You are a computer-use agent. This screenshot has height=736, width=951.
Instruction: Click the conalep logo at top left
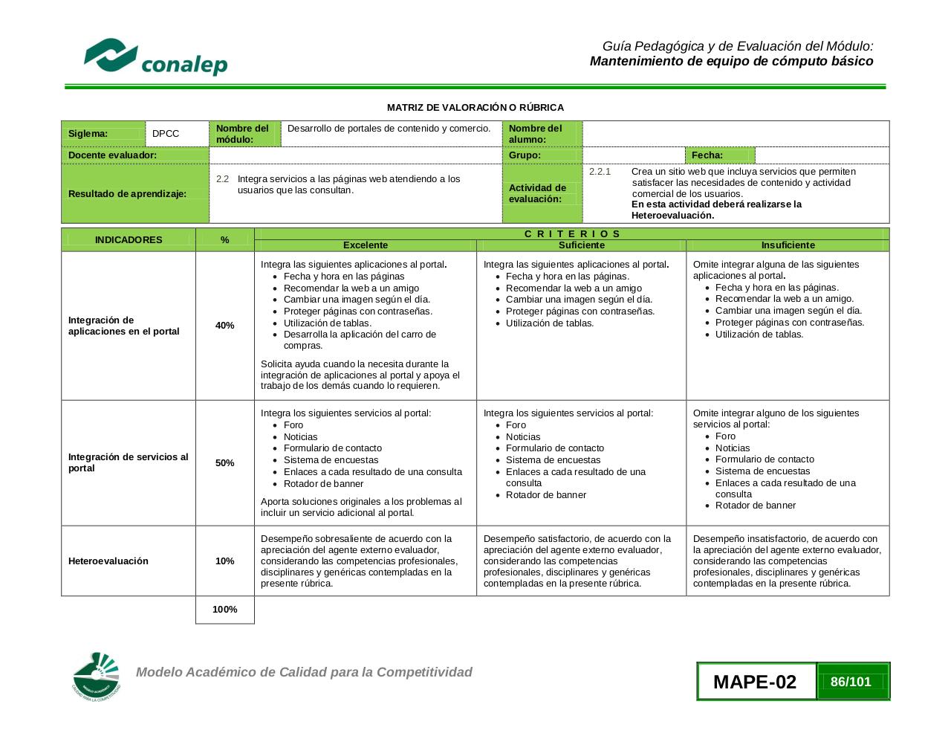pyautogui.click(x=155, y=57)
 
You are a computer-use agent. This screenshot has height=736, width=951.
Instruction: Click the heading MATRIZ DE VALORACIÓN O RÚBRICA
pyautogui.click(x=475, y=108)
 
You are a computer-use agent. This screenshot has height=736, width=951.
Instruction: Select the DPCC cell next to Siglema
pyautogui.click(x=166, y=134)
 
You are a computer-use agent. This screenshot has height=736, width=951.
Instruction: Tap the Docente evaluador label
pyautogui.click(x=112, y=155)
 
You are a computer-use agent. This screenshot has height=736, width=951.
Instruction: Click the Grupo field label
pyautogui.click(x=525, y=155)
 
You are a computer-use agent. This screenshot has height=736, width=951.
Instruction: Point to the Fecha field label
pyautogui.click(x=707, y=155)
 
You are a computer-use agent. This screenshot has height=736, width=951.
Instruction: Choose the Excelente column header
pyautogui.click(x=365, y=245)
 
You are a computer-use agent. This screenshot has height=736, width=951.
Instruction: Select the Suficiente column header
pyautogui.click(x=581, y=245)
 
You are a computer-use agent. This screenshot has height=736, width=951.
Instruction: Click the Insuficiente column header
pyautogui.click(x=788, y=245)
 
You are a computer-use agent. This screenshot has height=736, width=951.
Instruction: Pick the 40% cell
pyautogui.click(x=224, y=326)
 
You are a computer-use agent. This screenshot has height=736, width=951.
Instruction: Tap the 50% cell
pyautogui.click(x=224, y=463)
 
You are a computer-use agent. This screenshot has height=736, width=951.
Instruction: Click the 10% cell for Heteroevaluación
pyautogui.click(x=224, y=561)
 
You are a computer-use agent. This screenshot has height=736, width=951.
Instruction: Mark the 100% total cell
pyautogui.click(x=224, y=610)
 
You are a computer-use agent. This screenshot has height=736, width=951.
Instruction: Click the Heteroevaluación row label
pyautogui.click(x=108, y=561)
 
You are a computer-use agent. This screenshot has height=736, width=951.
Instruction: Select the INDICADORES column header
pyautogui.click(x=128, y=240)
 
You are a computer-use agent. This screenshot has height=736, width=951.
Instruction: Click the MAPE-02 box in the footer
pyautogui.click(x=755, y=682)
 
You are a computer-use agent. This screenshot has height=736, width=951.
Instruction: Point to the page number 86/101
pyautogui.click(x=851, y=682)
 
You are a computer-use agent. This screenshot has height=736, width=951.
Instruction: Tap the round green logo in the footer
pyautogui.click(x=96, y=677)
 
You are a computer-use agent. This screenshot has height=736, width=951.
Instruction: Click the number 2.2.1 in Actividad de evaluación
pyautogui.click(x=600, y=172)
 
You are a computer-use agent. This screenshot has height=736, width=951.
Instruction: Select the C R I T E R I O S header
pyautogui.click(x=571, y=233)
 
